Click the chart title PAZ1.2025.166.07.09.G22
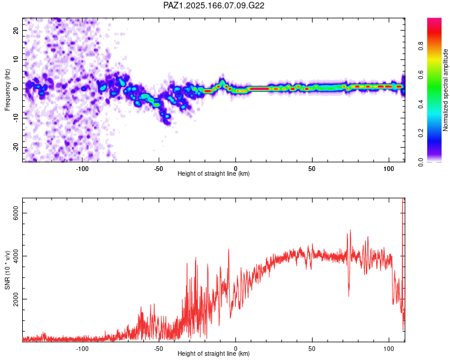point(214,5)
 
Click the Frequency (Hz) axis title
point(7,90)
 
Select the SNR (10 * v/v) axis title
point(7,270)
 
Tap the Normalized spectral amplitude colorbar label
point(445,90)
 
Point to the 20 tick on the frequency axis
point(16,30)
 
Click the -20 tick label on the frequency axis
point(16,147)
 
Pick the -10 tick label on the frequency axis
point(16,118)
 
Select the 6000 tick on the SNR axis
point(16,214)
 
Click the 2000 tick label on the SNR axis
point(16,299)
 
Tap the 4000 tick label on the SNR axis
point(16,256)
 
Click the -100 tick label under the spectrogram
point(82,169)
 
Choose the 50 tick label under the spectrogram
point(312,169)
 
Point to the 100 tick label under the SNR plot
point(389,349)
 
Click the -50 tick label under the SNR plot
point(158,349)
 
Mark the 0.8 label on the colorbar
point(421,46)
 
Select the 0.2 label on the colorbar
point(421,133)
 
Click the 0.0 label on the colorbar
point(421,163)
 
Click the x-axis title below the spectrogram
point(214,173)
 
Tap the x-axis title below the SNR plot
point(214,353)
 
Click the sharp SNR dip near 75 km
point(349,296)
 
